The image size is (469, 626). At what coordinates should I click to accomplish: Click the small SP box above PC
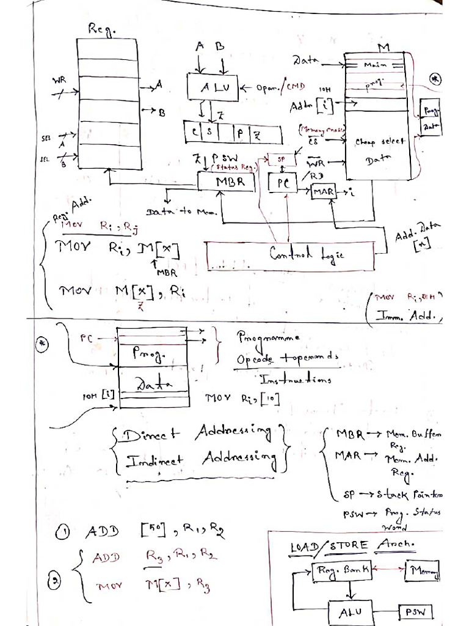coord(281,158)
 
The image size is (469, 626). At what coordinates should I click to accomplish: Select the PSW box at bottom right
coord(416,612)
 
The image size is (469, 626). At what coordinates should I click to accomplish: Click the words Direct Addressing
coord(195,434)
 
